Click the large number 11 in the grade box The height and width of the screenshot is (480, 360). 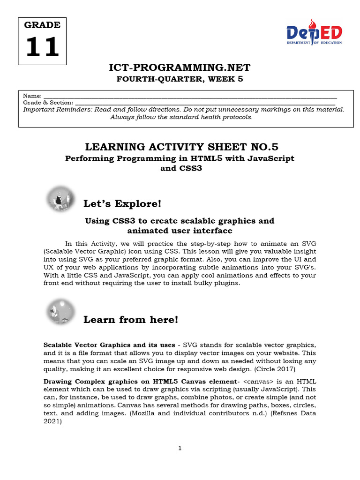click(42, 47)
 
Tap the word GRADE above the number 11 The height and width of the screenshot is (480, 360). click(42, 25)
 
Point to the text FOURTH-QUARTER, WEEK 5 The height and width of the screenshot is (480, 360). click(180, 79)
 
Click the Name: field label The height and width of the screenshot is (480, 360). click(32, 96)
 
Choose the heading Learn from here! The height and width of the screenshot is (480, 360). click(131, 320)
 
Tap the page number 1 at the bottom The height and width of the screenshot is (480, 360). click(180, 448)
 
